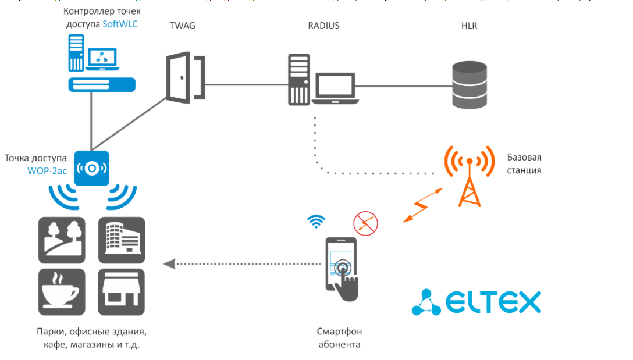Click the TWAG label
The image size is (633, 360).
click(x=182, y=26)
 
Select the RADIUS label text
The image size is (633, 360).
click(x=323, y=26)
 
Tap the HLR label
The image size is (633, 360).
click(x=468, y=26)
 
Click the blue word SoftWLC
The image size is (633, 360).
click(x=120, y=24)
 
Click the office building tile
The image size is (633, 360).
click(x=121, y=240)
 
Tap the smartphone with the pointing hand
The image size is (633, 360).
click(x=342, y=268)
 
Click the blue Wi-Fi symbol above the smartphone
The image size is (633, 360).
click(x=316, y=222)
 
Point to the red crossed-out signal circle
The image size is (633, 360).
click(x=365, y=223)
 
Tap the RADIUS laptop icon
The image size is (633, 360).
click(x=334, y=87)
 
